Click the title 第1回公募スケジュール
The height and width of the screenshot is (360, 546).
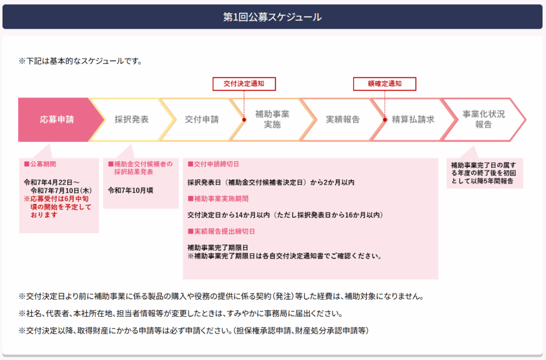(272, 17)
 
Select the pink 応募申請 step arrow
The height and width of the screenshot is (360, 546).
(58, 119)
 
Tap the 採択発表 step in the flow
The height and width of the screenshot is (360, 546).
(132, 119)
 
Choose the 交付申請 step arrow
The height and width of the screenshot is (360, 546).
(202, 119)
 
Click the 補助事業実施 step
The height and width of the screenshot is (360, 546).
(272, 119)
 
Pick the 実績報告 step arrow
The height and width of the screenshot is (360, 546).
(343, 119)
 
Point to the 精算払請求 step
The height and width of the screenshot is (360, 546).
(413, 119)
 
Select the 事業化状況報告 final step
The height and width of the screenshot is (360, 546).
(484, 119)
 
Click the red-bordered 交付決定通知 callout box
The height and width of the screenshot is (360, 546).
(244, 84)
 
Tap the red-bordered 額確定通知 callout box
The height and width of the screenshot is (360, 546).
(385, 84)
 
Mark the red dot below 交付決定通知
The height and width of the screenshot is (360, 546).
(244, 120)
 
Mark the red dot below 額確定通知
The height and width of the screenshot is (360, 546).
(385, 120)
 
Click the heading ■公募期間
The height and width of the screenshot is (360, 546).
(40, 164)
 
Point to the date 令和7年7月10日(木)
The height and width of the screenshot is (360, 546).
(61, 191)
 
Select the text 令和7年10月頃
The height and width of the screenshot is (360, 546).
(131, 190)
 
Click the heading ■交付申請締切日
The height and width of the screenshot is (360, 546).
(213, 164)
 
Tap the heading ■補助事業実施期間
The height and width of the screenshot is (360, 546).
(218, 199)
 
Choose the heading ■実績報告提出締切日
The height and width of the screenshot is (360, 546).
(221, 231)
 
